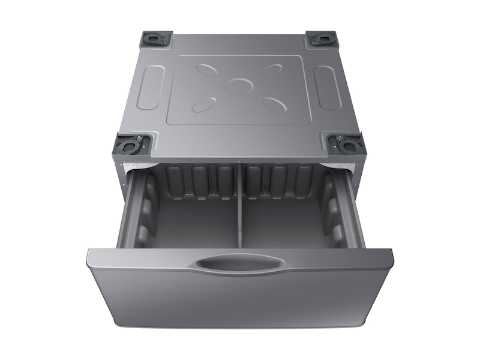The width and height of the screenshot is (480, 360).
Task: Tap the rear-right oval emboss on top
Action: [271, 70]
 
